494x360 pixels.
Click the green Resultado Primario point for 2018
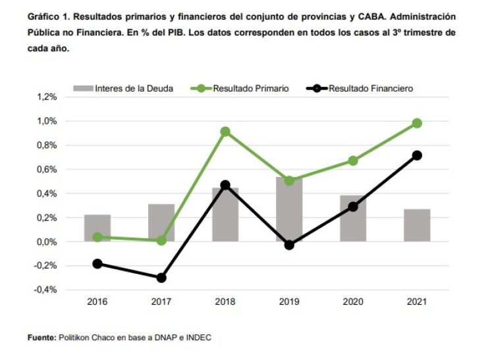pyautogui.click(x=225, y=132)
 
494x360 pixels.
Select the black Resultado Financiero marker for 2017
pyautogui.click(x=161, y=278)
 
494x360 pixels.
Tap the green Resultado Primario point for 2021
pyautogui.click(x=417, y=123)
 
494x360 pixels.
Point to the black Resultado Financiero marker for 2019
pyautogui.click(x=289, y=245)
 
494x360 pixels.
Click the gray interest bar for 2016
pyautogui.click(x=97, y=228)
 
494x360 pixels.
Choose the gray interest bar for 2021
pyautogui.click(x=417, y=225)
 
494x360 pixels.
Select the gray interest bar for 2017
pyautogui.click(x=161, y=222)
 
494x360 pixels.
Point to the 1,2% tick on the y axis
pyautogui.click(x=48, y=97)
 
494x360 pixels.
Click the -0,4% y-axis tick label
pyautogui.click(x=47, y=290)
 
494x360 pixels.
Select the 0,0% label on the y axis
pyautogui.click(x=48, y=242)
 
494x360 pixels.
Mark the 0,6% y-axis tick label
pyautogui.click(x=48, y=169)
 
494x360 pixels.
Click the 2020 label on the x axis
pyautogui.click(x=353, y=302)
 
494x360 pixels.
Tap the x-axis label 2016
pyautogui.click(x=97, y=302)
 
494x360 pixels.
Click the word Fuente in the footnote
pyautogui.click(x=41, y=338)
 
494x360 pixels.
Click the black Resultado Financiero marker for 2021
pyautogui.click(x=417, y=155)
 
